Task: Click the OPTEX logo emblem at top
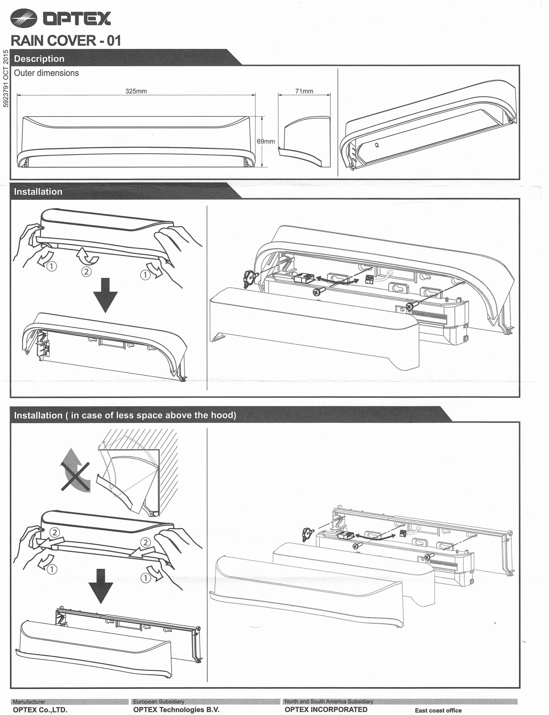tap(24, 18)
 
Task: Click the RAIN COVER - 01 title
tap(66, 41)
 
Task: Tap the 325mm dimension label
tap(136, 91)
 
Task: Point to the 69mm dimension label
tap(266, 141)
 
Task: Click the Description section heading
tap(39, 59)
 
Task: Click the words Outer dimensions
tap(47, 73)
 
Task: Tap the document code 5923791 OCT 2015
tap(6, 78)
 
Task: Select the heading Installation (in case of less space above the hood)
tap(125, 415)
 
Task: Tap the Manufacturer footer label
tap(29, 701)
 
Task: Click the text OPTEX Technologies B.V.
tap(176, 710)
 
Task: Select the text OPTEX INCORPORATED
tap(326, 709)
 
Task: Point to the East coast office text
tap(438, 710)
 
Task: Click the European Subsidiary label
tap(159, 701)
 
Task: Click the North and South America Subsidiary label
tap(329, 701)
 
